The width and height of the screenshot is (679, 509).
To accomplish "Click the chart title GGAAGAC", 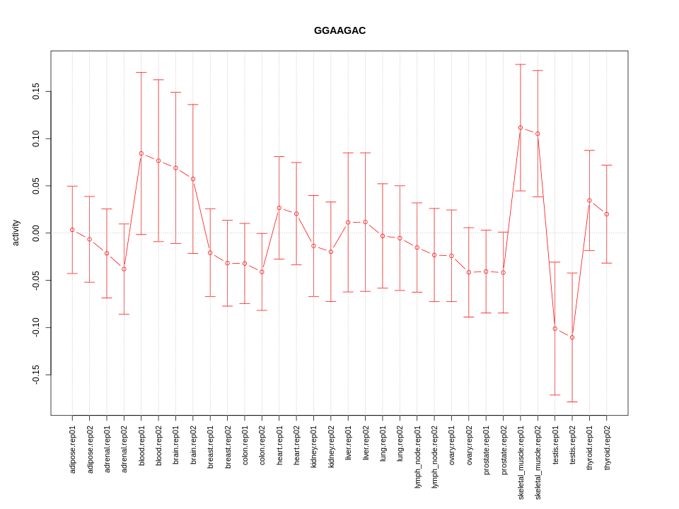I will point(339,30).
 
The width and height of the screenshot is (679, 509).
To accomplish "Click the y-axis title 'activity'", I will point(16,233).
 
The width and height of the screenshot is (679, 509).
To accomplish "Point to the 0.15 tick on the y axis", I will point(36,91).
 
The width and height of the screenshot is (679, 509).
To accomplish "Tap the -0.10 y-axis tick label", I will point(36,327).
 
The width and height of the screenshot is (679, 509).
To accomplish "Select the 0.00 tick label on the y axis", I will point(36,233).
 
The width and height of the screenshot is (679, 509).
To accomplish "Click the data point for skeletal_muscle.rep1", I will point(521,128).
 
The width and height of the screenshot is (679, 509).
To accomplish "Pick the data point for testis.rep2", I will point(572,337).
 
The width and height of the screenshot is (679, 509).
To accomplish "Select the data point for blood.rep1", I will point(141,153).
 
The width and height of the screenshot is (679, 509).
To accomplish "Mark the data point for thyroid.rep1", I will point(589,201).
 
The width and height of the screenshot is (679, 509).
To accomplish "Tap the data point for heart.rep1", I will point(279,208).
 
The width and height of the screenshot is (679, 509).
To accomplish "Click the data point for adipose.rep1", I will point(72,230).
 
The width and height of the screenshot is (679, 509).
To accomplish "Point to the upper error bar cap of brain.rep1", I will point(175,92).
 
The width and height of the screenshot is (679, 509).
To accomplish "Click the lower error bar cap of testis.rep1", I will point(555,395).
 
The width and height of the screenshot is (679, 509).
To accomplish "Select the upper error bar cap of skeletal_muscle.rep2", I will point(538,71).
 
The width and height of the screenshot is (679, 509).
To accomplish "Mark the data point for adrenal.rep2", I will point(124,269).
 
